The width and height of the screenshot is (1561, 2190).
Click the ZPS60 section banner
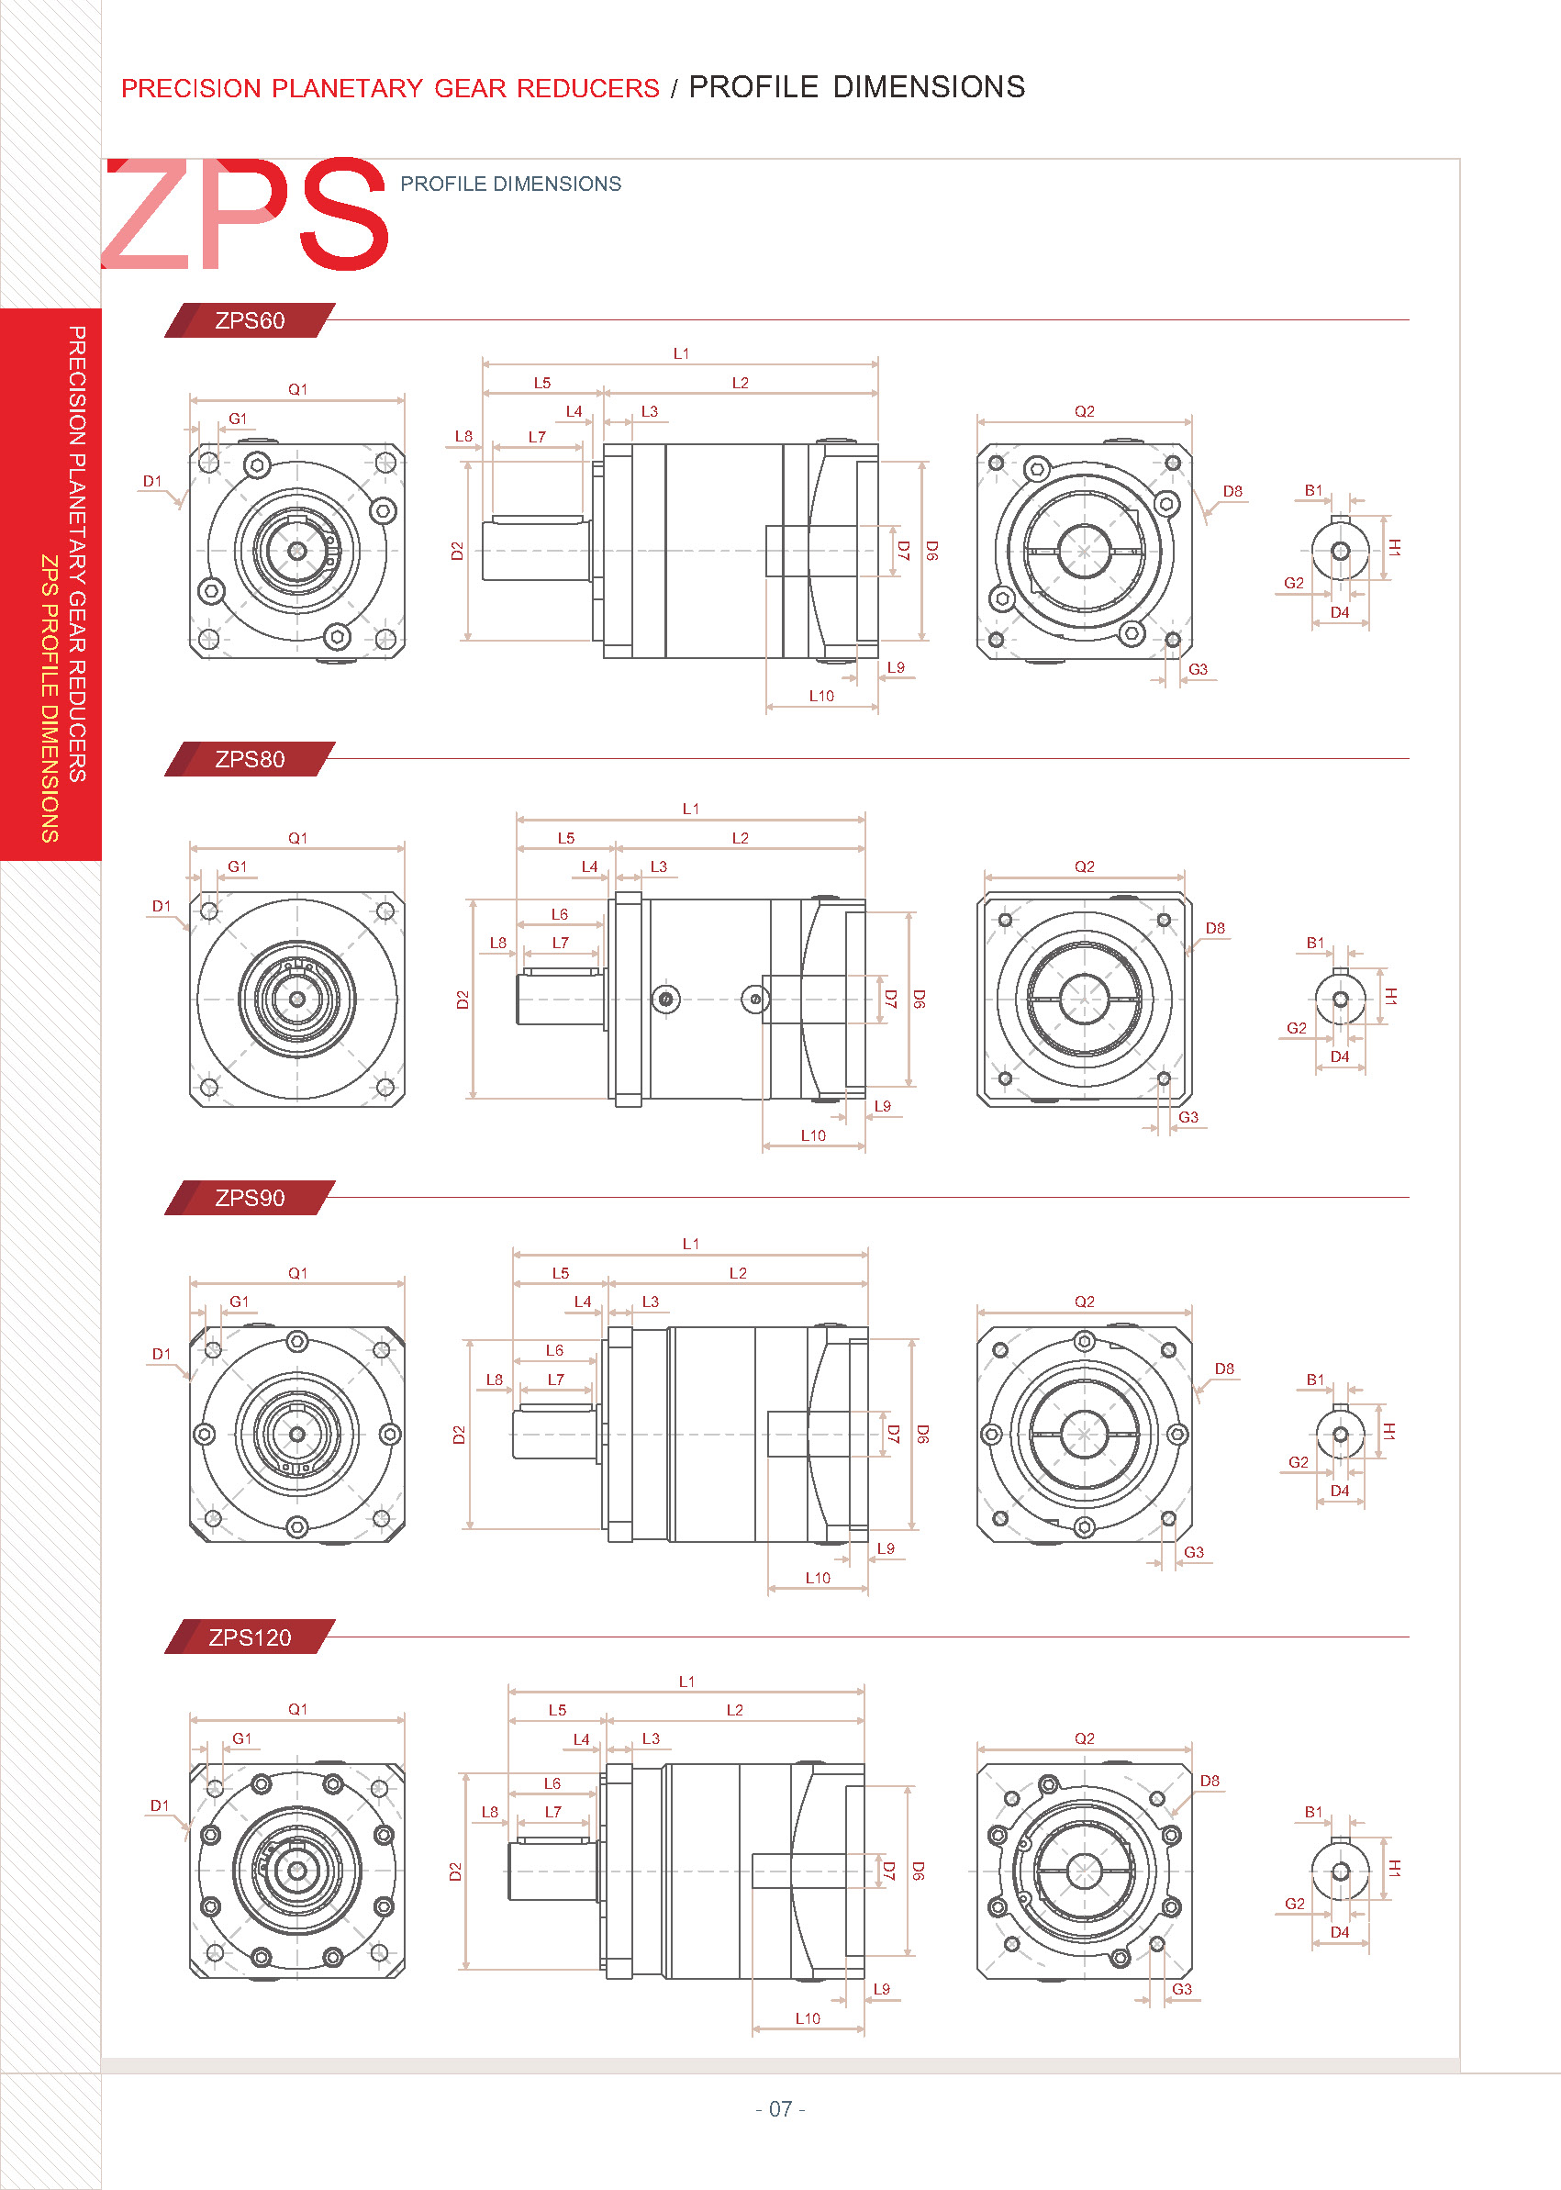pos(250,320)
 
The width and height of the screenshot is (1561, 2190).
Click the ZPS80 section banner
pos(250,759)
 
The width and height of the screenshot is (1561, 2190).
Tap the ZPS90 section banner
pos(250,1198)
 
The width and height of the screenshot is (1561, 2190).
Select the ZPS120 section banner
pos(250,1637)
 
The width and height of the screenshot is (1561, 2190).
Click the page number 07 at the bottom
pos(780,2109)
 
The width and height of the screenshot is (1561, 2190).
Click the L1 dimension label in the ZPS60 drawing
pos(681,353)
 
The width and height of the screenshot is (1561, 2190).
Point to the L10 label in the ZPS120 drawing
pos(808,2018)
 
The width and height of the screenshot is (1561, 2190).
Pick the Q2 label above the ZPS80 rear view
pos(1084,866)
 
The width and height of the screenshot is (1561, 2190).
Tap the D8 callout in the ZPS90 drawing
pos(1223,1368)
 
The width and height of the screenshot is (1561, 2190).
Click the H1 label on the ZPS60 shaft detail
pos(1394,548)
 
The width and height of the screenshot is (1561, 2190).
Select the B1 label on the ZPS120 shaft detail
pos(1313,1811)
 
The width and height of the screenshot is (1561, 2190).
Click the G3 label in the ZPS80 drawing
pos(1188,1117)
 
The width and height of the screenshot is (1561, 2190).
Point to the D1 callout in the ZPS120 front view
pos(160,1805)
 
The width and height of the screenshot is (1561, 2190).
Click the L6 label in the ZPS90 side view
pos(554,1350)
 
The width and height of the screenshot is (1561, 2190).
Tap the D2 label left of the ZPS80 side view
pos(463,1000)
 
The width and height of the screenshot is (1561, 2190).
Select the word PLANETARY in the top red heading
pos(347,88)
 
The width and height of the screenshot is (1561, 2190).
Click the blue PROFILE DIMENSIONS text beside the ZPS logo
pos(510,184)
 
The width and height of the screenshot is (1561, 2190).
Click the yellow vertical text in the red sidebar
pos(50,698)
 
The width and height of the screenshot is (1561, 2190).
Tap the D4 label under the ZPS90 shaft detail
pos(1339,1490)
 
